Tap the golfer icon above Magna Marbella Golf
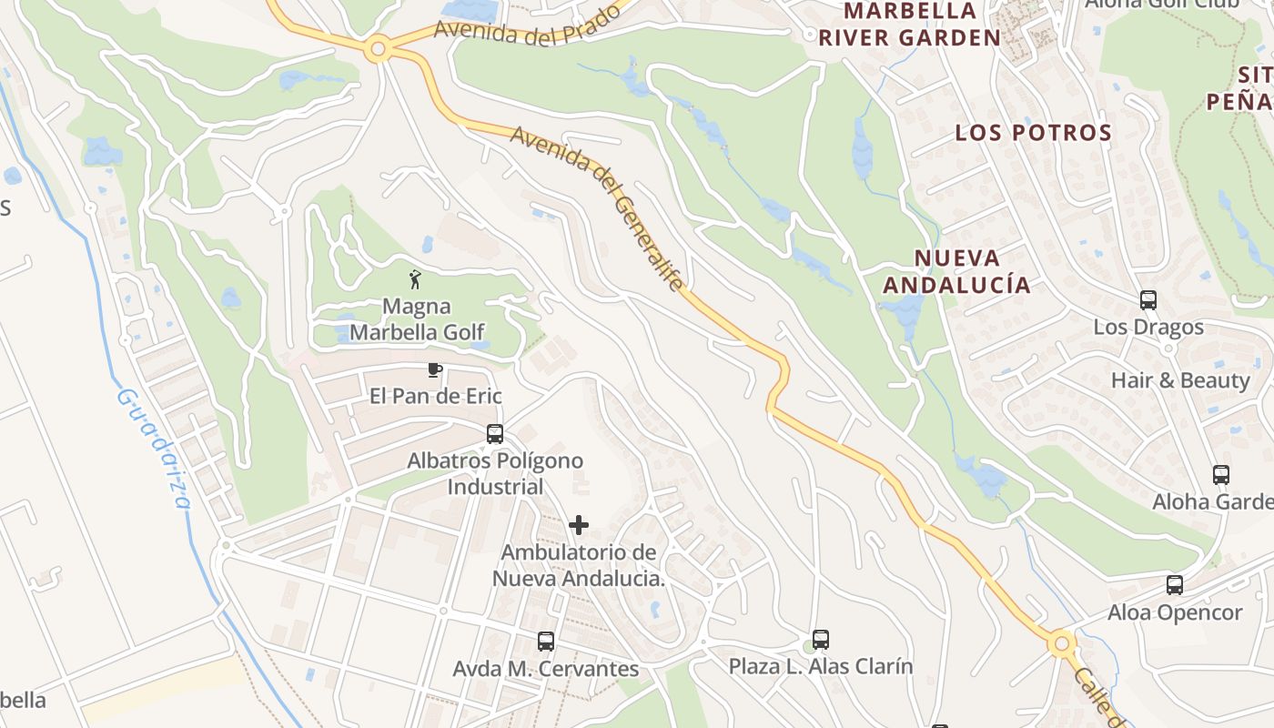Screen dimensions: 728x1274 tap(416, 279)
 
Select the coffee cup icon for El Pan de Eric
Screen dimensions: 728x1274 tap(435, 369)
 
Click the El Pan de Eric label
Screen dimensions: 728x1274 tap(435, 397)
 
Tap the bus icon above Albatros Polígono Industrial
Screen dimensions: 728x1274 tap(495, 434)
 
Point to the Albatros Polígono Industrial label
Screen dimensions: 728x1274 tap(494, 473)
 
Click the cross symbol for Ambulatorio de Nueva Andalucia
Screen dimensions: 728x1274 tap(578, 525)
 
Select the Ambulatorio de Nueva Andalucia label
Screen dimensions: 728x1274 tap(579, 565)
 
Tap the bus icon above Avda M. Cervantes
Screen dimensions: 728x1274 tap(546, 642)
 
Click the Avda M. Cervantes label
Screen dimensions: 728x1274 tap(546, 669)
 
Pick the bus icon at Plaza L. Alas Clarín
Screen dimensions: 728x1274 tap(821, 640)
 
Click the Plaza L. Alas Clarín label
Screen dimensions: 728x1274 tap(821, 666)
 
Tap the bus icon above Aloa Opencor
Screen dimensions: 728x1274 tap(1175, 585)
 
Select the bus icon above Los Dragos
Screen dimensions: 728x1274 tap(1148, 300)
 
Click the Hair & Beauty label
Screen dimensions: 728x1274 tap(1180, 380)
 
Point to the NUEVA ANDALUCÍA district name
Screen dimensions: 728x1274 tap(956, 271)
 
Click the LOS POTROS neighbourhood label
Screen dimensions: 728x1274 tap(1033, 133)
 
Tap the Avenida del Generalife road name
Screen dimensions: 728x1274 tap(596, 208)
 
